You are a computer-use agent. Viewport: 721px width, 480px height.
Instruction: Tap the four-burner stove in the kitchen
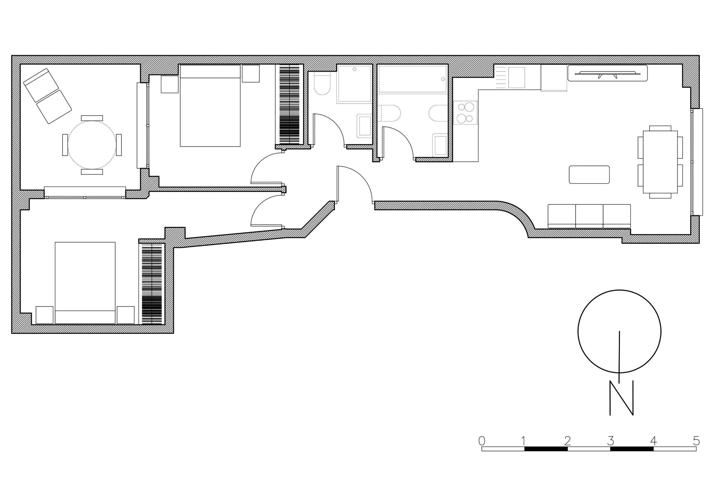click(x=465, y=113)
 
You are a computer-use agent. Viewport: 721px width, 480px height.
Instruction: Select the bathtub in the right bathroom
click(x=412, y=79)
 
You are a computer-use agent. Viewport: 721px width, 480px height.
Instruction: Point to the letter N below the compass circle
click(x=621, y=398)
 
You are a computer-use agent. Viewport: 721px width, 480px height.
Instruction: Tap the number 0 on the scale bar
click(x=482, y=440)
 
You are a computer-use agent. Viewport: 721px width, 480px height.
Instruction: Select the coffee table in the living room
click(x=589, y=175)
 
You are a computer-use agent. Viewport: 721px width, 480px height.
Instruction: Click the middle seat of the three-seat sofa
click(x=589, y=216)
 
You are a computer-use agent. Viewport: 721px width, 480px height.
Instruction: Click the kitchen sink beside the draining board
click(x=516, y=78)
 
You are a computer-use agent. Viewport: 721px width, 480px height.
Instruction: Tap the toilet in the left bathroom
click(x=322, y=85)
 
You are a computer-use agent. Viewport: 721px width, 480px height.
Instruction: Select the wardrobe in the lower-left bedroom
click(x=152, y=283)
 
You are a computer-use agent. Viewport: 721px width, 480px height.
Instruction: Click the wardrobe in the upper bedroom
click(x=290, y=105)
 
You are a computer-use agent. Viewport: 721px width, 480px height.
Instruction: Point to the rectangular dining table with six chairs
click(x=660, y=162)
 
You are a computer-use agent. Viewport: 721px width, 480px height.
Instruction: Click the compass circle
click(x=619, y=331)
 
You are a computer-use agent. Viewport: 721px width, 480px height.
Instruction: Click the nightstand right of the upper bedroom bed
click(x=250, y=73)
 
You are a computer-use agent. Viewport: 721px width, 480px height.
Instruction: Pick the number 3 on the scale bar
click(x=611, y=440)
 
